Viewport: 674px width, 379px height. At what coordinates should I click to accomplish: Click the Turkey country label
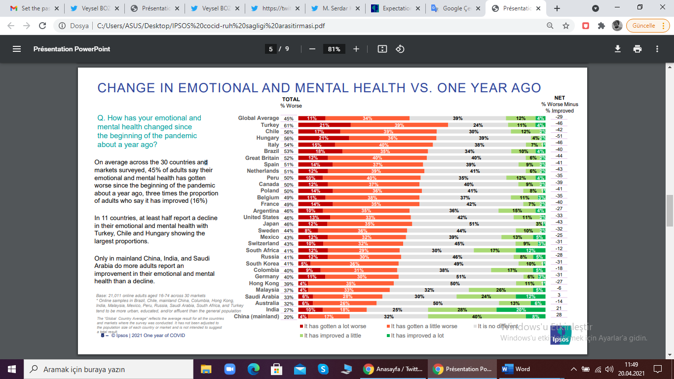[269, 125]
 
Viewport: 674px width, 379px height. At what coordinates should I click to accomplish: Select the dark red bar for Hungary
[323, 138]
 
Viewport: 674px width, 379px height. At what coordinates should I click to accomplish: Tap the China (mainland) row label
[256, 316]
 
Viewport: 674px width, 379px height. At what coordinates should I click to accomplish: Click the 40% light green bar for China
[477, 316]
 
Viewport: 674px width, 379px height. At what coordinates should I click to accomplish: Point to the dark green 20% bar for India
[521, 310]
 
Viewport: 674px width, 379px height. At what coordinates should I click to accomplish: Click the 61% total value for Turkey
[288, 125]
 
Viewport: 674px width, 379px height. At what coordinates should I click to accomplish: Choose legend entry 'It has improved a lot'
[417, 336]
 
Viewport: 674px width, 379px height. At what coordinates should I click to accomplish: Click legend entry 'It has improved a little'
[332, 336]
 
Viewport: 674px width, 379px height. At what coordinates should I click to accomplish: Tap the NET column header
[560, 98]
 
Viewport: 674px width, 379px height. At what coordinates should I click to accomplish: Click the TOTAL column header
[291, 100]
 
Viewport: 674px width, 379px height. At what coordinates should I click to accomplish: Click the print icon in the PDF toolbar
[637, 49]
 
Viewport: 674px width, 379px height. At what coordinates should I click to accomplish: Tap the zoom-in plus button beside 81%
[356, 49]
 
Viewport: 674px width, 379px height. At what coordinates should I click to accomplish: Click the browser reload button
[42, 26]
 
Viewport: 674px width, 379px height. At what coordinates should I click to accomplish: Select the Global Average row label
[258, 118]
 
